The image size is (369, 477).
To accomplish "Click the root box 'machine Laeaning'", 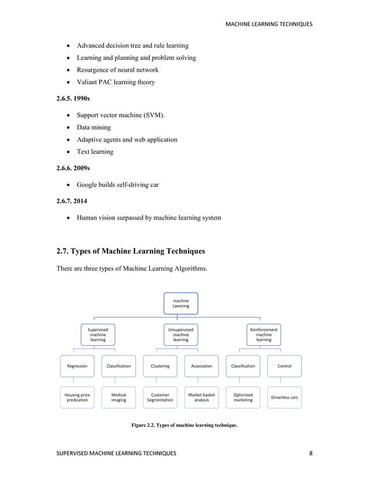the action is (x=181, y=303).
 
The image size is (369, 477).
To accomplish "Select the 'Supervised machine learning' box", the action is (x=98, y=334).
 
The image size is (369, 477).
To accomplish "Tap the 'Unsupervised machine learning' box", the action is (x=181, y=334).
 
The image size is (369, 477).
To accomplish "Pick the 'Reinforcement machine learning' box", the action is (x=264, y=334).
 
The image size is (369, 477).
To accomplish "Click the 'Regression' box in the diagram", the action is (x=77, y=366).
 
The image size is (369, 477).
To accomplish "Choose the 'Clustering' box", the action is (x=160, y=366).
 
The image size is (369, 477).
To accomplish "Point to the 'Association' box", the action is (x=201, y=366).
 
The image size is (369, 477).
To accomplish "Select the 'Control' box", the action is (x=285, y=366).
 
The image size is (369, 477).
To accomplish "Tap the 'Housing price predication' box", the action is (x=77, y=397).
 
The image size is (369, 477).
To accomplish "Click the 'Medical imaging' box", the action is (x=119, y=397).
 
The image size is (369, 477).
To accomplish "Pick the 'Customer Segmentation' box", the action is (x=160, y=397).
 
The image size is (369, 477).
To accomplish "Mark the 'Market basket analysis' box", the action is (x=201, y=397).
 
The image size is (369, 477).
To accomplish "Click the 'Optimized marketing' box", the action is (x=243, y=397).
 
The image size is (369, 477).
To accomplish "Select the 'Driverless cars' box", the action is (x=285, y=397).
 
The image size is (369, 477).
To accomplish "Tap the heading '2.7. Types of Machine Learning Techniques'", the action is (x=130, y=251).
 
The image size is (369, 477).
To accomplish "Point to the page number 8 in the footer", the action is (x=311, y=453).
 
